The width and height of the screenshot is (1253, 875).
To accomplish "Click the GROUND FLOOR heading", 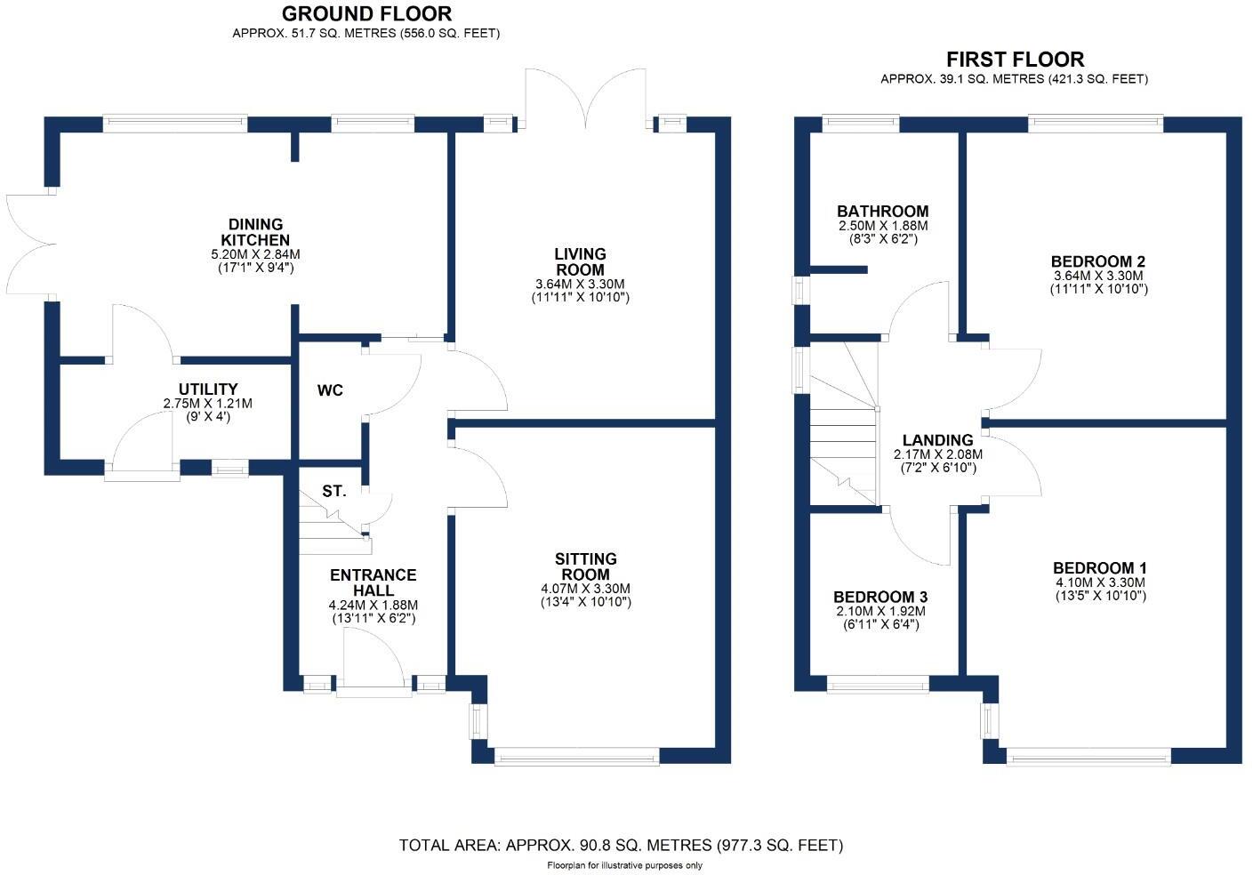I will (366, 13).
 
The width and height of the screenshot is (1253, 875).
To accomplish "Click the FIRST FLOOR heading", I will (1014, 60).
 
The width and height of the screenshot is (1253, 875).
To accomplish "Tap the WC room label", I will (330, 390).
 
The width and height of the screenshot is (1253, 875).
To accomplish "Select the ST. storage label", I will (334, 491).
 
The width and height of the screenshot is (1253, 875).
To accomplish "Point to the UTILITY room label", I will (208, 389).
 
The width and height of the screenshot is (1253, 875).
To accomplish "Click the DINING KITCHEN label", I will (255, 232).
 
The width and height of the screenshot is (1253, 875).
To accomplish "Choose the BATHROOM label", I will (882, 212).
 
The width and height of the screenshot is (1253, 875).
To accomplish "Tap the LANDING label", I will (937, 440).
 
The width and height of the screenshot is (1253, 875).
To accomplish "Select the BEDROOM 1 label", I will (1099, 568).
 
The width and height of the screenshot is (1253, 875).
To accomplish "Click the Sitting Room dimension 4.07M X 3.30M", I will (585, 589).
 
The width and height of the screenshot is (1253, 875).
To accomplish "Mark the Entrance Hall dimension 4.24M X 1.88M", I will (373, 605).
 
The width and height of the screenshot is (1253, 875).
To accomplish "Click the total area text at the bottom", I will (621, 845).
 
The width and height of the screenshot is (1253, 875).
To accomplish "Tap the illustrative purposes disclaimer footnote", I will (623, 865).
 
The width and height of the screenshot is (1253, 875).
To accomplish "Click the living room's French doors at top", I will (585, 100).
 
